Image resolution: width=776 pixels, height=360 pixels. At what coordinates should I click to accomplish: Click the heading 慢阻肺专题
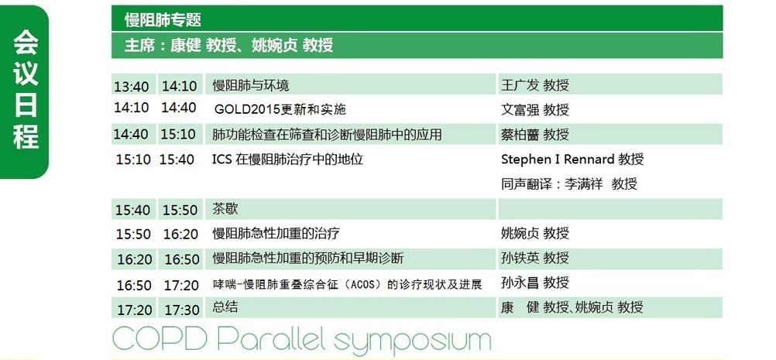coord(163,20)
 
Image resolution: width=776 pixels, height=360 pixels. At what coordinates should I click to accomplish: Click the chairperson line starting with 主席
coord(228,45)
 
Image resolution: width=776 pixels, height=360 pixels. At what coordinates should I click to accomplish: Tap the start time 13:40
coord(131,87)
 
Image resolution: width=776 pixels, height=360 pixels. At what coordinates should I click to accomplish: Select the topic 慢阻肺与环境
coord(250,85)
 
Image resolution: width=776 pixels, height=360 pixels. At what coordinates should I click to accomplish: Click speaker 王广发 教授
coord(535,85)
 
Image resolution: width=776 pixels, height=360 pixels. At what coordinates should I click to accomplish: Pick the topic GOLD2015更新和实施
coord(280,109)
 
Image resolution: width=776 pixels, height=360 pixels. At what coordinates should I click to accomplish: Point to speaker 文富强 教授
coord(535,109)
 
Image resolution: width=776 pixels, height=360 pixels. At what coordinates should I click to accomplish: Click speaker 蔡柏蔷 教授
coord(535,134)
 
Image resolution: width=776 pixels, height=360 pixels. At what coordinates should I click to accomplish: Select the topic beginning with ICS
coord(287,159)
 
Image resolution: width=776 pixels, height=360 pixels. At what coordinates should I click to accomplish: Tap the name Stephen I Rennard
coord(558,159)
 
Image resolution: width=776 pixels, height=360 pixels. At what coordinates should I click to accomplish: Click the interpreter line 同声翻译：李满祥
coord(552,184)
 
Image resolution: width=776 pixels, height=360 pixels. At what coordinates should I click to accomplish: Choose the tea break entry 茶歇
coord(225,208)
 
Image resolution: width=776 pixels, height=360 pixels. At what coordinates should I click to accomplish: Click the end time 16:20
coord(180,234)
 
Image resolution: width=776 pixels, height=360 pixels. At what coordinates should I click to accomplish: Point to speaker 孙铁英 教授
coord(535,258)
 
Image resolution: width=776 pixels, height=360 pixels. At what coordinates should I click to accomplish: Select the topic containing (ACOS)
coord(348,284)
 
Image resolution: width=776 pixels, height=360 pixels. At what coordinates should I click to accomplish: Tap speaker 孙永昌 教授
coord(535,283)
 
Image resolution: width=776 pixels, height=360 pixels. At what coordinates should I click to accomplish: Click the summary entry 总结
coord(225,307)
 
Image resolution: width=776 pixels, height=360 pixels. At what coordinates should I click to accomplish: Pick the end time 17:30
coord(182,310)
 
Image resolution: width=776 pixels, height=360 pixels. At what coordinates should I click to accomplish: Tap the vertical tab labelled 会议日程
coord(26,91)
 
